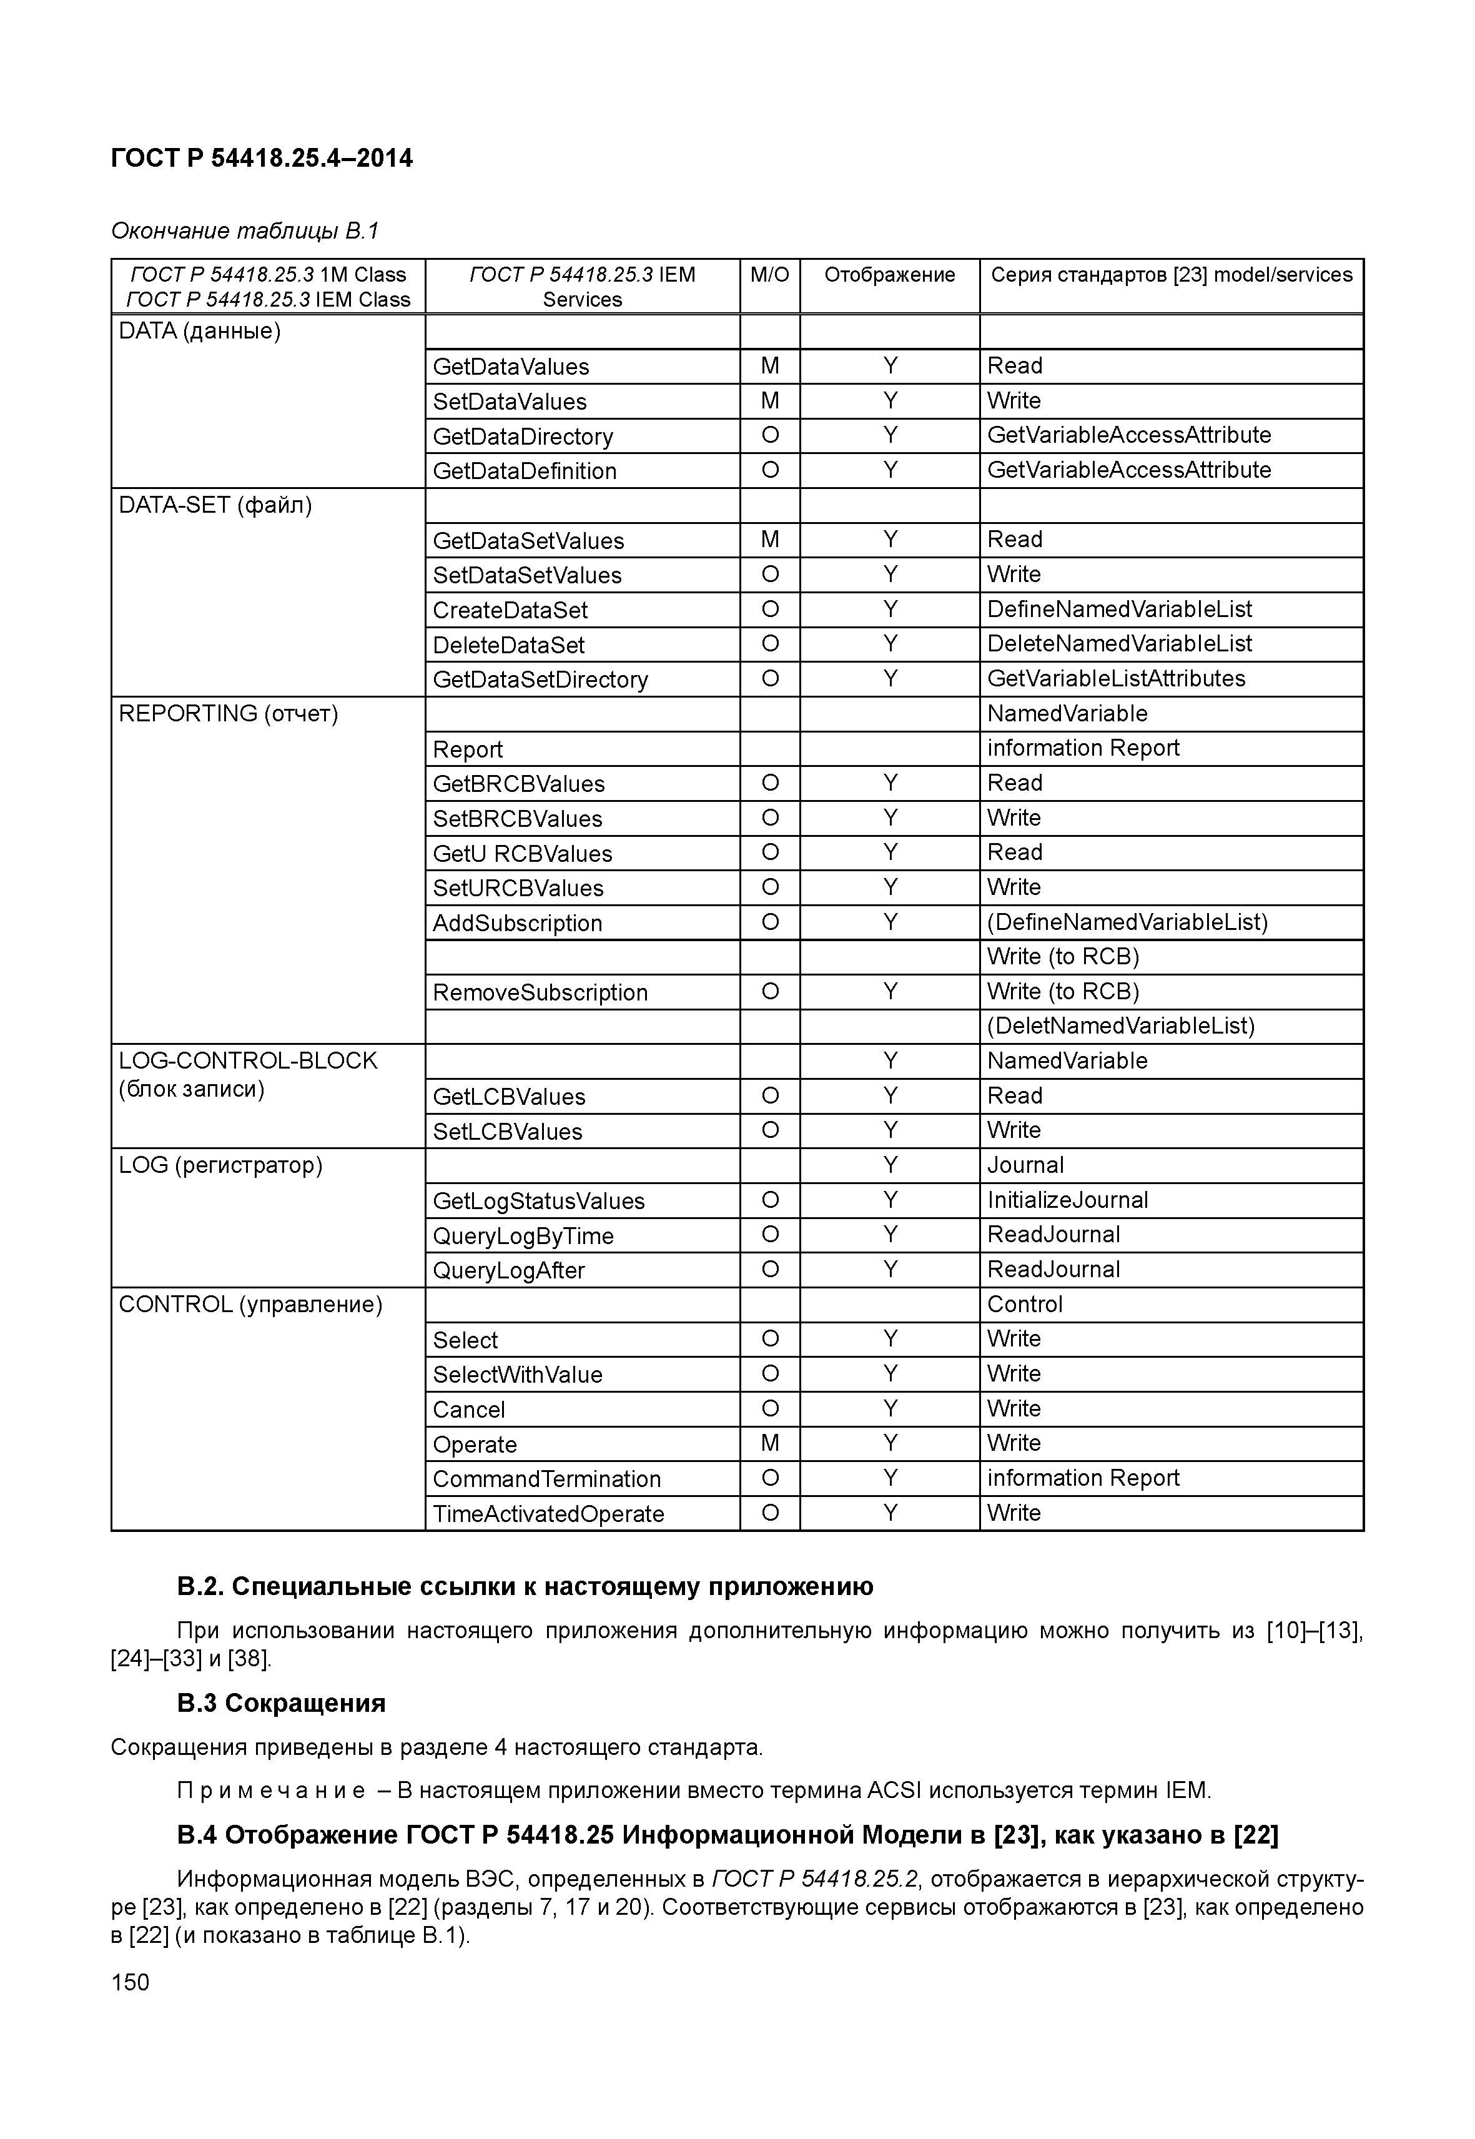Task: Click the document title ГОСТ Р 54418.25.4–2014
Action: pyautogui.click(x=262, y=158)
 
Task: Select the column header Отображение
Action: pyautogui.click(x=889, y=275)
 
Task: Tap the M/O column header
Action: pyautogui.click(x=769, y=275)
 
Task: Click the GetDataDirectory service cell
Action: pyautogui.click(x=522, y=437)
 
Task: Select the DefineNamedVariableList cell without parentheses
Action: pyautogui.click(x=1119, y=609)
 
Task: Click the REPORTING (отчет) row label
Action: pyautogui.click(x=229, y=714)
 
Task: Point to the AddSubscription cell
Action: pyautogui.click(x=518, y=922)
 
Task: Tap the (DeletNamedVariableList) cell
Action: pyautogui.click(x=1121, y=1026)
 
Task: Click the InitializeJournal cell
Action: pyautogui.click(x=1067, y=1200)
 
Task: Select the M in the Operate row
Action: pyautogui.click(x=769, y=1443)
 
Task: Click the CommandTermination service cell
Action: pyautogui.click(x=546, y=1479)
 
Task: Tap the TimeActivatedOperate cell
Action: pyautogui.click(x=548, y=1514)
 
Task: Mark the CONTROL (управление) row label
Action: pyautogui.click(x=250, y=1304)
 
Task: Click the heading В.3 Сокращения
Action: pyautogui.click(x=281, y=1702)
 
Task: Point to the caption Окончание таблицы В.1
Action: pyautogui.click(x=245, y=230)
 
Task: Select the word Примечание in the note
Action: pyautogui.click(x=271, y=1791)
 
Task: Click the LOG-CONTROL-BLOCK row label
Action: pyautogui.click(x=248, y=1060)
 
